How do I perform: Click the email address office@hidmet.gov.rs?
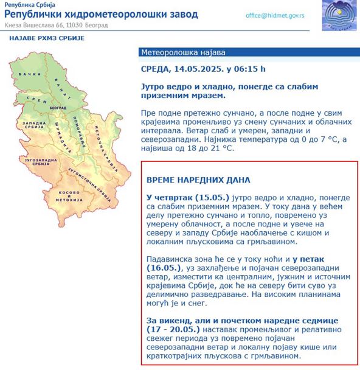pos(275,15)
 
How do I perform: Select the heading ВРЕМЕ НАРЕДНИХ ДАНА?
pos(198,180)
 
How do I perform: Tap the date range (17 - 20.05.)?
pos(173,329)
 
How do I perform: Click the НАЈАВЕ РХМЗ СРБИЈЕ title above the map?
pos(46,38)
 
